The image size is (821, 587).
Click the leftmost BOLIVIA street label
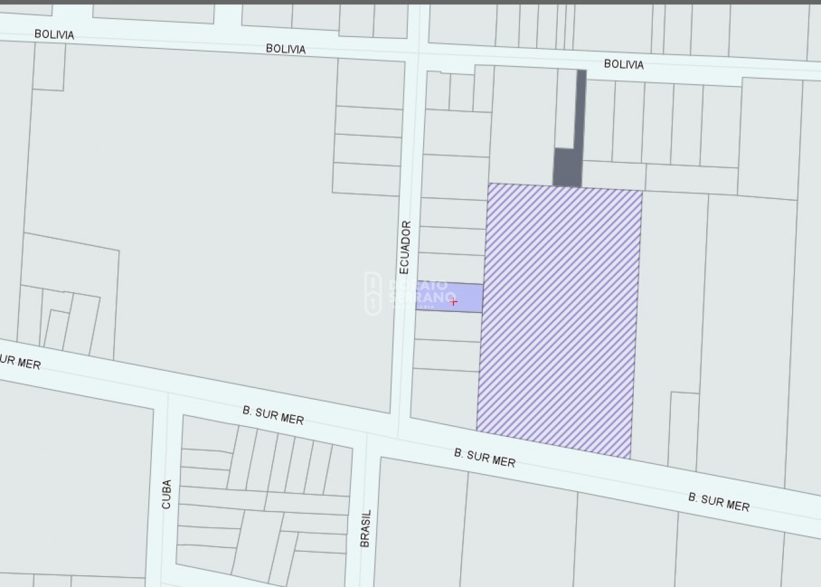click(x=54, y=34)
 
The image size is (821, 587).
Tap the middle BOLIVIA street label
click(x=285, y=49)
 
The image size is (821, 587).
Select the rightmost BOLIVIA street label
click(x=623, y=64)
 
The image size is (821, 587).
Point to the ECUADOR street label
click(x=405, y=247)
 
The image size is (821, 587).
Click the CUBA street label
click(x=166, y=494)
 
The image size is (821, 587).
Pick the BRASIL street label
click(x=366, y=528)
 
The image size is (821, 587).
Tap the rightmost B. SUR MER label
click(x=718, y=502)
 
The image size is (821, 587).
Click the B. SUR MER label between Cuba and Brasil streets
click(x=273, y=415)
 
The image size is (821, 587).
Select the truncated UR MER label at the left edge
click(x=20, y=361)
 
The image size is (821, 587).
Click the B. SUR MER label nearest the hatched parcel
click(x=484, y=457)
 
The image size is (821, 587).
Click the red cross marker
click(x=453, y=302)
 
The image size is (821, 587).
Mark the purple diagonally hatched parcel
click(x=559, y=318)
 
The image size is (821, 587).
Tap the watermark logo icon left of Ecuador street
click(x=373, y=294)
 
